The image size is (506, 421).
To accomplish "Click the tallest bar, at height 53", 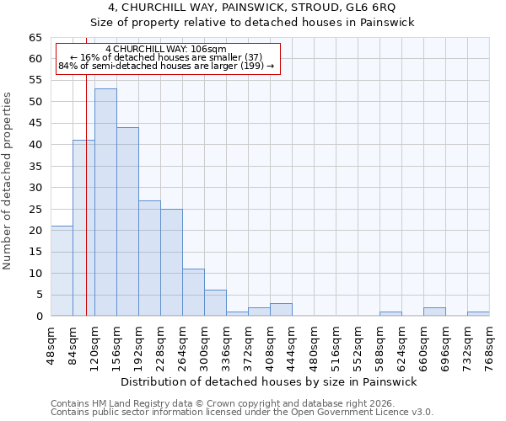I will (x=105, y=202).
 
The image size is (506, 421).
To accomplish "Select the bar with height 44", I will (x=127, y=221).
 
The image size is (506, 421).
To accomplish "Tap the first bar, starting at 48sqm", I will (x=62, y=271).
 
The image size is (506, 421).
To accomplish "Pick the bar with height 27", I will (x=149, y=258).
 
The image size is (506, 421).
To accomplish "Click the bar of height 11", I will (x=193, y=292).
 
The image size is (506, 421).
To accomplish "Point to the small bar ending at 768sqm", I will (x=478, y=314).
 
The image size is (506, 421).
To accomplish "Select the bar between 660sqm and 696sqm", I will (x=434, y=312).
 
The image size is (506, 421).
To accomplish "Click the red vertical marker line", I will (x=86, y=168).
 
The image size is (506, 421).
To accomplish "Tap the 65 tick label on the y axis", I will (x=35, y=38).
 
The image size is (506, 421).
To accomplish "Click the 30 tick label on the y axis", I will (x=35, y=188).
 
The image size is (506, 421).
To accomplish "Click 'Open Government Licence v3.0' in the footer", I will (x=365, y=412).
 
